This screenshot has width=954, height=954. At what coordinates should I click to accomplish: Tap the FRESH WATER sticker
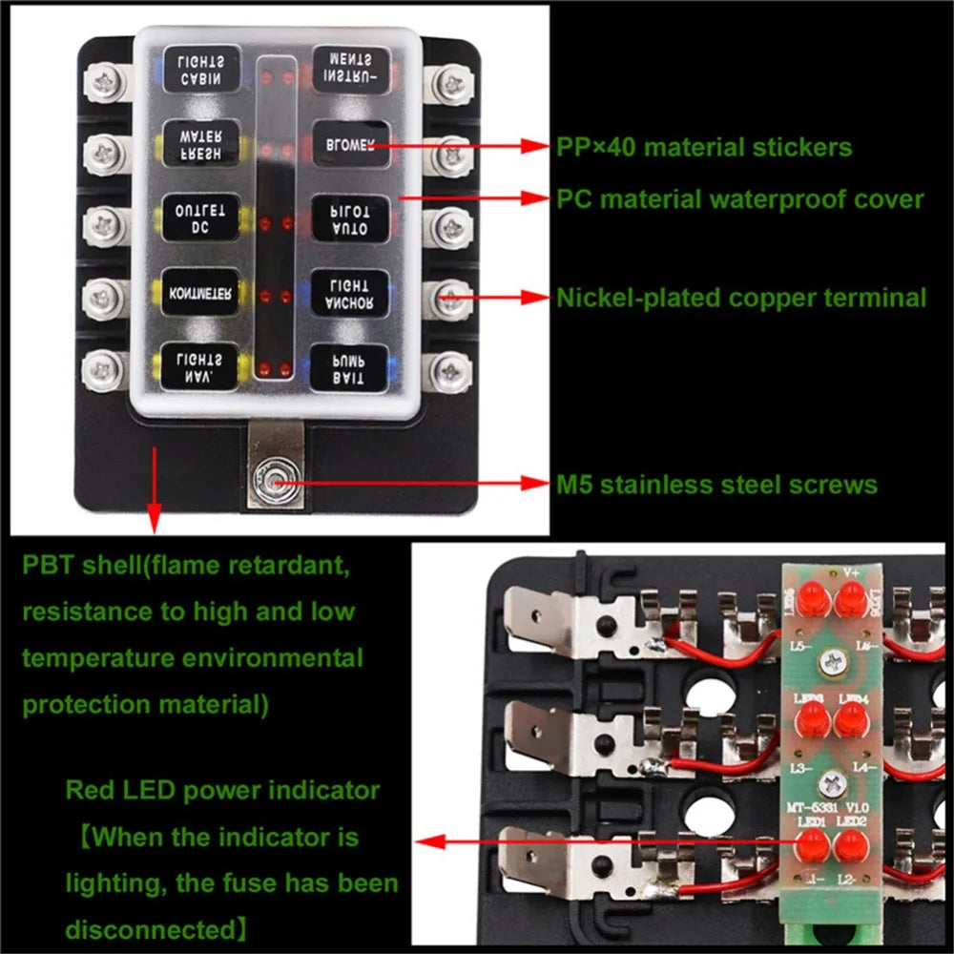pos(200,145)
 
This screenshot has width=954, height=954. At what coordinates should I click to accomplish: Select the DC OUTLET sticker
pos(200,219)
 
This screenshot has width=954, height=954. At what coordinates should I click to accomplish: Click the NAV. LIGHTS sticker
pos(200,367)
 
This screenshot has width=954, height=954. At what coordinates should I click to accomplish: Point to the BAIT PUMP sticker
pos(349,367)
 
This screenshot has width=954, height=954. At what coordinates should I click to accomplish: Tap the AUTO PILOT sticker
pos(349,219)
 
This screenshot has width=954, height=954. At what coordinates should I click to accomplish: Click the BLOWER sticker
pos(349,145)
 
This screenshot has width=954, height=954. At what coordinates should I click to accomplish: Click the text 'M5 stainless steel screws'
pos(716,485)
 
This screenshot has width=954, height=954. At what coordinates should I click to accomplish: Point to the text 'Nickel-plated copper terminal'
pos(741,298)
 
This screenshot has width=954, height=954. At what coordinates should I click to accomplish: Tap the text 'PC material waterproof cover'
pos(740,199)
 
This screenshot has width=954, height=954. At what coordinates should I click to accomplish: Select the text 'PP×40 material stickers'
pos(704,148)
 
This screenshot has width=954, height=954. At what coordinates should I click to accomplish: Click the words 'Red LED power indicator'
pos(222,791)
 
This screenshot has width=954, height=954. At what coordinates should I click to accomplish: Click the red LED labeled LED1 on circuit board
pos(812,844)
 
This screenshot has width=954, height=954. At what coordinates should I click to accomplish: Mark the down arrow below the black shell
pos(152,521)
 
